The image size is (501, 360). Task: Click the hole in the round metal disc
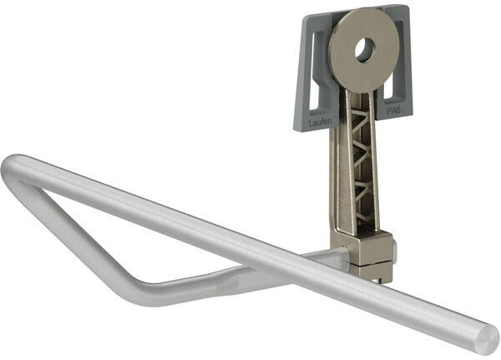pos(365,49)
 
